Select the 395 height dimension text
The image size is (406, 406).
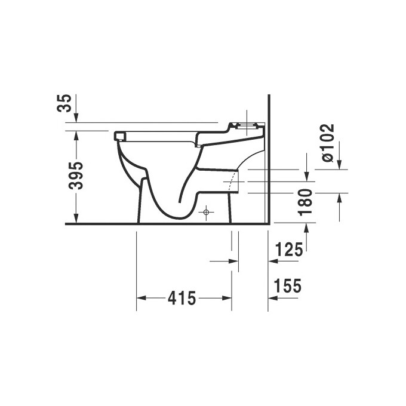(76, 176)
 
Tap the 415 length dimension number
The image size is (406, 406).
(183, 297)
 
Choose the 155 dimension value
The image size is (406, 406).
(288, 287)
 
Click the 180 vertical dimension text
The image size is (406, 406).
(305, 202)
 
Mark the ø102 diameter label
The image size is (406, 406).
(328, 142)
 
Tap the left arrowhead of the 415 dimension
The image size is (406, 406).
(142, 297)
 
